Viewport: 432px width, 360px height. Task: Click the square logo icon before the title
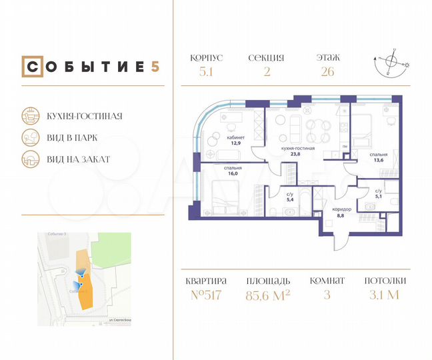(x=29, y=67)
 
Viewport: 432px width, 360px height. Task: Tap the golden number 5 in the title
(x=155, y=67)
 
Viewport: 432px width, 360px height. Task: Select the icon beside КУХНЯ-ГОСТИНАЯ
(x=30, y=115)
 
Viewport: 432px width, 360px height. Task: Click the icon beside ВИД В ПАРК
(x=30, y=137)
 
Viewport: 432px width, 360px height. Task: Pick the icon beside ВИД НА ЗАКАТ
(x=30, y=159)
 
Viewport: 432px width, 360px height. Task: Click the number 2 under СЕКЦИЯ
(x=267, y=72)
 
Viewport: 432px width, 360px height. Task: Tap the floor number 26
(x=326, y=72)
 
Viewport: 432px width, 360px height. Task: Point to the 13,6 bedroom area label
(x=377, y=160)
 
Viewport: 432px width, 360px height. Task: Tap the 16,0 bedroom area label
(x=233, y=173)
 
